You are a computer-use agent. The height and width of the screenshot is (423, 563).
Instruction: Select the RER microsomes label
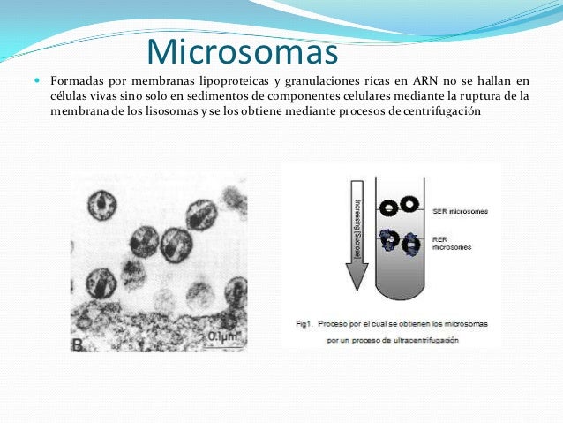[x=453, y=242]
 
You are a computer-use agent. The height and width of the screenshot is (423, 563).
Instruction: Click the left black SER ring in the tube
[x=388, y=208]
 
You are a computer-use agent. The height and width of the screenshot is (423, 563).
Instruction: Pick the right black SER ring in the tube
[x=409, y=204]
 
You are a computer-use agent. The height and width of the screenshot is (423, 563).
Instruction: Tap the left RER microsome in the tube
[x=389, y=238]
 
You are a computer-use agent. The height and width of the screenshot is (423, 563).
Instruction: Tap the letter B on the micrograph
[x=79, y=344]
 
